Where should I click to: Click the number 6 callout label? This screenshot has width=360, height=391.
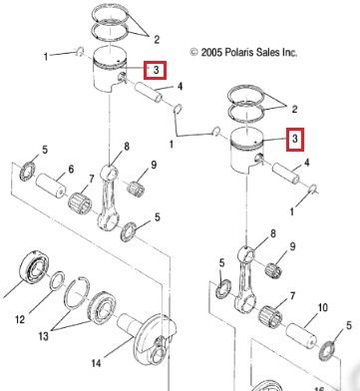pos(71,170)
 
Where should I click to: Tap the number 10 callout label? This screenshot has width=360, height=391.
pos(323,307)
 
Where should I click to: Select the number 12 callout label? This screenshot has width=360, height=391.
pos(20,319)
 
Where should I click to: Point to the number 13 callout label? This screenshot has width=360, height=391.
pos(44,336)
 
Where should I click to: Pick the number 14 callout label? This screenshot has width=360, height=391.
pos(96,363)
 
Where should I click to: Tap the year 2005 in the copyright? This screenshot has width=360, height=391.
pos(211,52)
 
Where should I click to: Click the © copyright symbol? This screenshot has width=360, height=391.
pos(194,52)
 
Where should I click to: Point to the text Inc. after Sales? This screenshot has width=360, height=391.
pos(289,52)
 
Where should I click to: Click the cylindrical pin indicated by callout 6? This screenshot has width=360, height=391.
pos(51,185)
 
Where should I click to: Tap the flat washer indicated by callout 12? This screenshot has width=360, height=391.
pos(57,280)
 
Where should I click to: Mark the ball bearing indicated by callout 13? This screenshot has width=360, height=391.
pos(102,307)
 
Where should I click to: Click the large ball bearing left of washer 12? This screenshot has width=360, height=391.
pos(35,266)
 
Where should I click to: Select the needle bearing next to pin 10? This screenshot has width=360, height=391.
pos(271,316)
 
